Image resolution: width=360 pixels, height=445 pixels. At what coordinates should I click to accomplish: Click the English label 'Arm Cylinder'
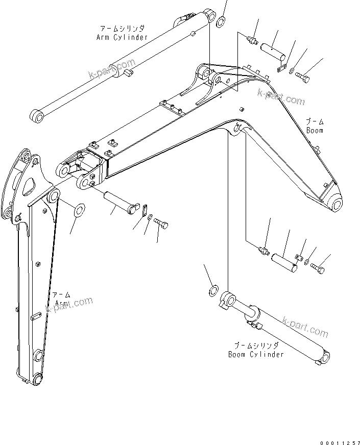click(x=122, y=37)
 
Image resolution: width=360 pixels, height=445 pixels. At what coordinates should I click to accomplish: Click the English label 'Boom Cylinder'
click(x=255, y=354)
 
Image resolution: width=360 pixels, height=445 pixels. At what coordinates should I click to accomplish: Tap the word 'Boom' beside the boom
click(x=315, y=130)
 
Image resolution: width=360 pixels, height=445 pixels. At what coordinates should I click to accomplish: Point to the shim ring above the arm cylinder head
click(x=223, y=22)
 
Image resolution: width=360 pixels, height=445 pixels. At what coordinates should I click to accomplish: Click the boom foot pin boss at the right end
click(x=337, y=205)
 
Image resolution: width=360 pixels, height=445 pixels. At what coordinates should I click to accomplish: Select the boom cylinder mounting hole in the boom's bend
click(x=236, y=129)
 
